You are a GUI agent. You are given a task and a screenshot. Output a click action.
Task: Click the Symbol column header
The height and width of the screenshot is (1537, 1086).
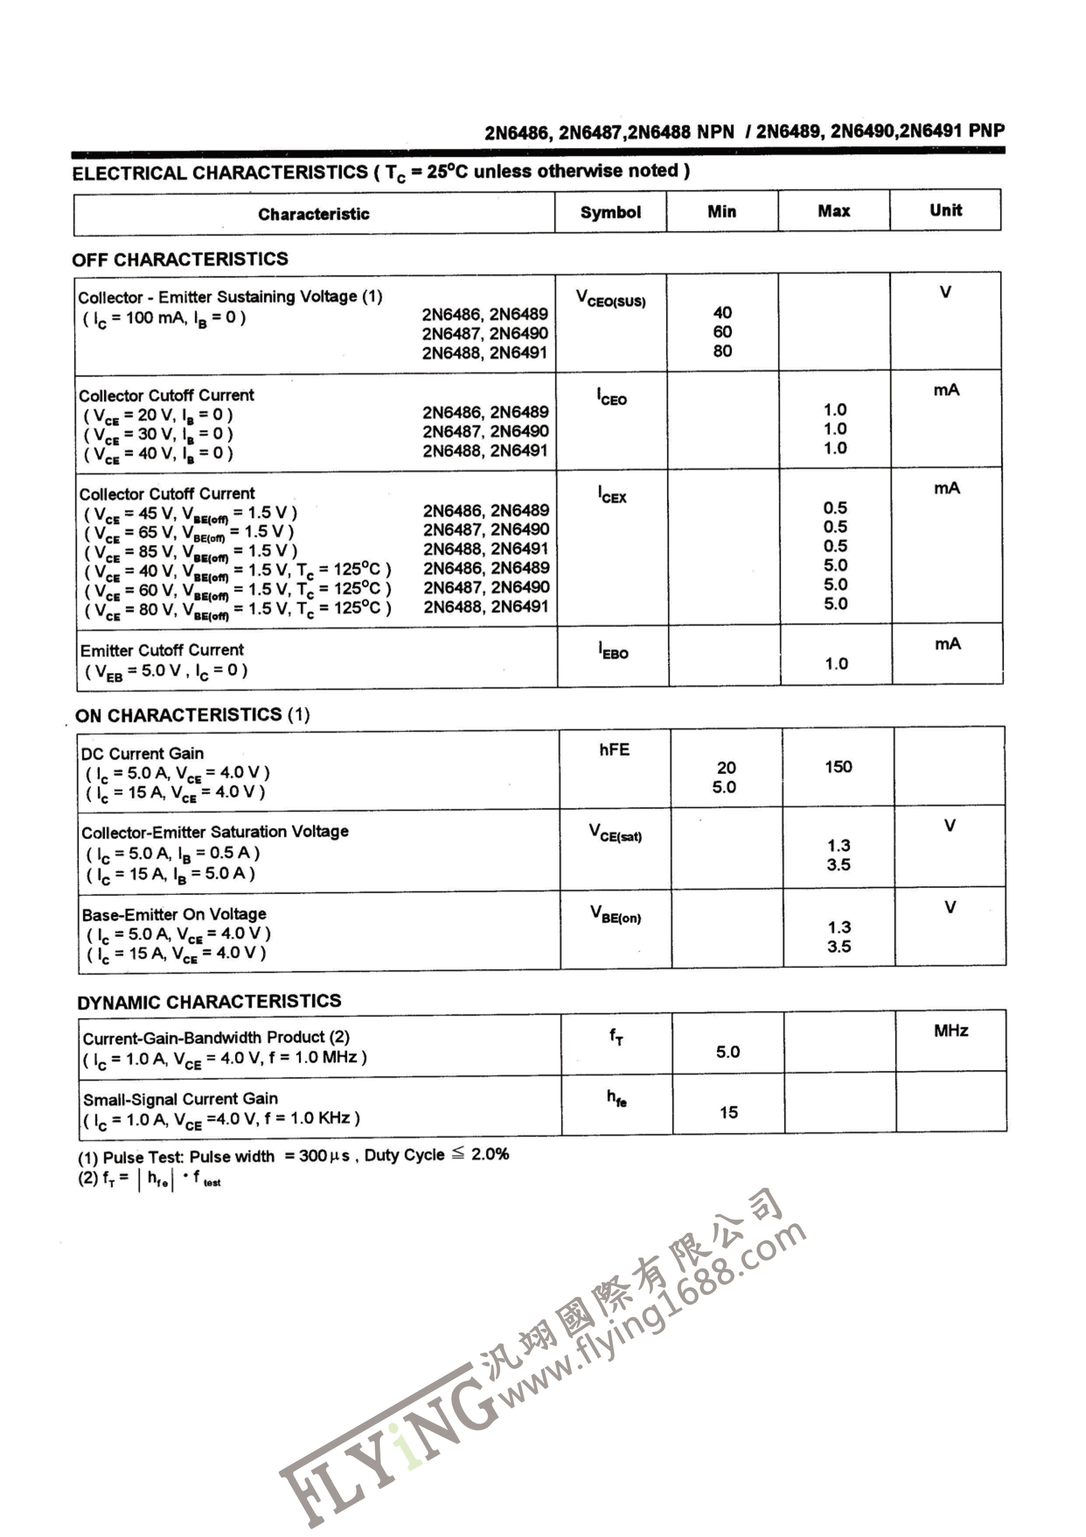610,213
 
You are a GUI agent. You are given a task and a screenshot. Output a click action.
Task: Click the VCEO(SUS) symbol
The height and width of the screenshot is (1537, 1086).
610,299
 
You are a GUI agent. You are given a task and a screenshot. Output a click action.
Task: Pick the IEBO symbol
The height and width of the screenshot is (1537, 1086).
613,651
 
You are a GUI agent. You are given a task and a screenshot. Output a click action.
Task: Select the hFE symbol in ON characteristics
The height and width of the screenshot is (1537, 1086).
614,750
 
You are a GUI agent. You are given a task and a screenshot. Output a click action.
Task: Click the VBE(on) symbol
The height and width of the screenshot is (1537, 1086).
615,915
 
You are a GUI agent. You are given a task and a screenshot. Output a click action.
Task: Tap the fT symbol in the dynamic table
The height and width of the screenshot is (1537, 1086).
615,1037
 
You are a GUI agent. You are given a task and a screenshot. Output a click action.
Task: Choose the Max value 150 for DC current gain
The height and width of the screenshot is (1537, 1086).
838,767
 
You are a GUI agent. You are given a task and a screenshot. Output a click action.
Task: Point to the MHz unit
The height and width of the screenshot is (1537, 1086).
950,1031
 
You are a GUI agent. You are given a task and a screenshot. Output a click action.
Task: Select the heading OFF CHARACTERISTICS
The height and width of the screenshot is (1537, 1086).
180,259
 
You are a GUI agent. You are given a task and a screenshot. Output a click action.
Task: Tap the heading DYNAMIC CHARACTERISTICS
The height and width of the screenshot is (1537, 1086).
209,1002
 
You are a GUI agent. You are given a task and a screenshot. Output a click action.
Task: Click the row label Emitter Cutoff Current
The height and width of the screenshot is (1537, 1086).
162,650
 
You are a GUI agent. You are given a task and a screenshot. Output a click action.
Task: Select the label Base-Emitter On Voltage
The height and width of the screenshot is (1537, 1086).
174,915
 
